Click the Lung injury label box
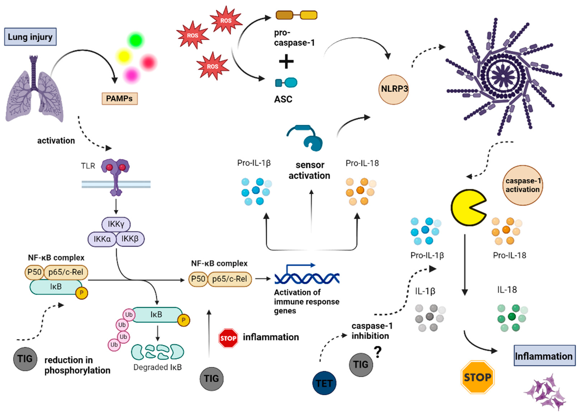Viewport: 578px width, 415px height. tap(30, 37)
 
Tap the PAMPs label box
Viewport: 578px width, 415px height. tap(120, 99)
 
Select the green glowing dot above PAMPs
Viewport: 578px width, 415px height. tap(136, 40)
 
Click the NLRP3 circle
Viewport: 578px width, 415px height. tap(393, 89)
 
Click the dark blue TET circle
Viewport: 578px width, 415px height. tap(324, 383)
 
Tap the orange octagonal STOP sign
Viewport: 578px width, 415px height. tap(477, 377)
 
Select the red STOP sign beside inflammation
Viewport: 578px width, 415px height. tap(228, 338)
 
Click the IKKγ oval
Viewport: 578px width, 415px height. tap(116, 224)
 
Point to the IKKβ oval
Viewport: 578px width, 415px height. tap(130, 239)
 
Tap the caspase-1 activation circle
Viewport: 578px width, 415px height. tap(522, 185)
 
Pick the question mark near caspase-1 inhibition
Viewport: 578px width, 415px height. tap(378, 352)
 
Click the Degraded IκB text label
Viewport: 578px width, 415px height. tap(157, 367)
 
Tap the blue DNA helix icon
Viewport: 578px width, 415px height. tap(307, 278)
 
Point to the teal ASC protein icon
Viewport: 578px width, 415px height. tap(286, 83)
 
